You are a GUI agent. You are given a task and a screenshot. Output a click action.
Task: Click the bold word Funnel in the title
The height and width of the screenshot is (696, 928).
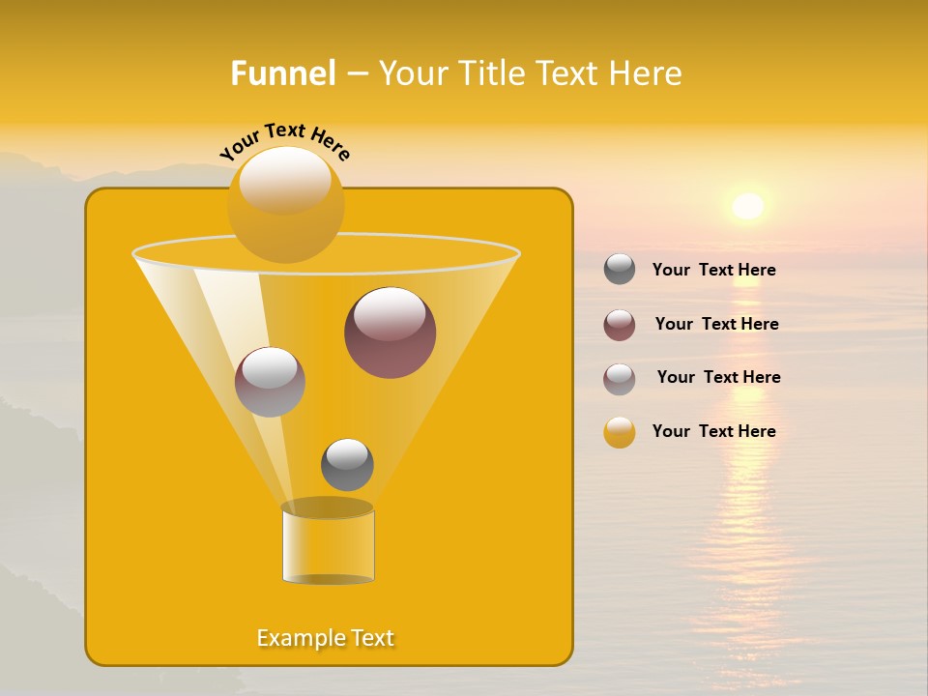pos(282,73)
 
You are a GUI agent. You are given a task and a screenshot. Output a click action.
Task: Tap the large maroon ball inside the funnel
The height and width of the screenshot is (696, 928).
pos(390,333)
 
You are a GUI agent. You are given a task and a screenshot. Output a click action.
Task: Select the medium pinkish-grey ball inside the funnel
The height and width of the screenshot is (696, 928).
pos(270,382)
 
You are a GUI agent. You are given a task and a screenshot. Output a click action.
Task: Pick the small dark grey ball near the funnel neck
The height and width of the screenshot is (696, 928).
pos(347,465)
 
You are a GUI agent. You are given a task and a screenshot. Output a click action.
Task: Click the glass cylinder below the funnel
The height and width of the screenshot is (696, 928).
pos(328,547)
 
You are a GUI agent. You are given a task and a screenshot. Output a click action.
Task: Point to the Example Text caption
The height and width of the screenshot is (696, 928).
pos(326,638)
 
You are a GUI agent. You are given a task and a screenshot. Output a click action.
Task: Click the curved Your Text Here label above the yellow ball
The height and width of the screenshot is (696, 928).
pos(284,140)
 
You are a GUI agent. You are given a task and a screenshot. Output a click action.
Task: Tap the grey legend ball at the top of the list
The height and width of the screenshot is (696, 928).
pos(620,270)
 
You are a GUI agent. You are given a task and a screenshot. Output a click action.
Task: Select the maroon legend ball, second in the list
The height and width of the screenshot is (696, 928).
pos(620,325)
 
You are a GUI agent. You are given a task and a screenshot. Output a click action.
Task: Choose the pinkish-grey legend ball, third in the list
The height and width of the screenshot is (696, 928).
pos(620,379)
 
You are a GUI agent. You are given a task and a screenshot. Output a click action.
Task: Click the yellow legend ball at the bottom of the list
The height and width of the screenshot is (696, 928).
pos(620,432)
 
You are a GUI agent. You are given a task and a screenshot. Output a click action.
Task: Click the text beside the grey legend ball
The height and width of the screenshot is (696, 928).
pos(713,271)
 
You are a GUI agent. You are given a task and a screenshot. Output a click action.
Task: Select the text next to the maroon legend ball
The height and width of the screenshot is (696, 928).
pos(716,325)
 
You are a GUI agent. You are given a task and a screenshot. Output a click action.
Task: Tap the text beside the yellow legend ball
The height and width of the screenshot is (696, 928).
pos(713,431)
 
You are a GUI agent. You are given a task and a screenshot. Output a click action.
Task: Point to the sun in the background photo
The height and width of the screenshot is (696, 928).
pos(747,206)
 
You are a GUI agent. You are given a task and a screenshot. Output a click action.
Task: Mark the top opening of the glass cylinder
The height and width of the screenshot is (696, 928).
pos(327,507)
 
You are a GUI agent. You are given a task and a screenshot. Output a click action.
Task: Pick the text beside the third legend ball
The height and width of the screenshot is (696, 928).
pos(718,377)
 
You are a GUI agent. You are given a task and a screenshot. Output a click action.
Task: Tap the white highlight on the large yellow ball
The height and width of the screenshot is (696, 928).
pos(284,180)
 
